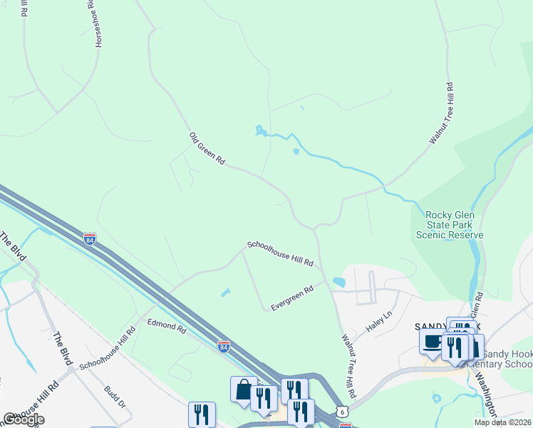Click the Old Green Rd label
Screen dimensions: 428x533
click(207, 149)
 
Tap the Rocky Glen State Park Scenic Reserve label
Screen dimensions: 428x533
click(454, 225)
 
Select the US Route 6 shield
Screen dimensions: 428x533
click(344, 412)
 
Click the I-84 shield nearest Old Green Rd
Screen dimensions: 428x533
click(90, 238)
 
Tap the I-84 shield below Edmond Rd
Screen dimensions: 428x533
click(224, 346)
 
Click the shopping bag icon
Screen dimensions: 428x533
click(244, 389)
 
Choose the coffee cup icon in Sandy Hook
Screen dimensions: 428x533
click(433, 341)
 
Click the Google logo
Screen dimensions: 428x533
click(24, 419)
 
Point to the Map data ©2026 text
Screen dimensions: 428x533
click(503, 422)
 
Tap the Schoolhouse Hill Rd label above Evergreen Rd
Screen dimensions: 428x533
click(280, 253)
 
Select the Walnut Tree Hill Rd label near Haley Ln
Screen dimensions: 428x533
click(348, 366)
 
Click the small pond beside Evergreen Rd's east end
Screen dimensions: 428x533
click(338, 282)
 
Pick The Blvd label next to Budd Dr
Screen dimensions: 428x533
click(63, 349)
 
